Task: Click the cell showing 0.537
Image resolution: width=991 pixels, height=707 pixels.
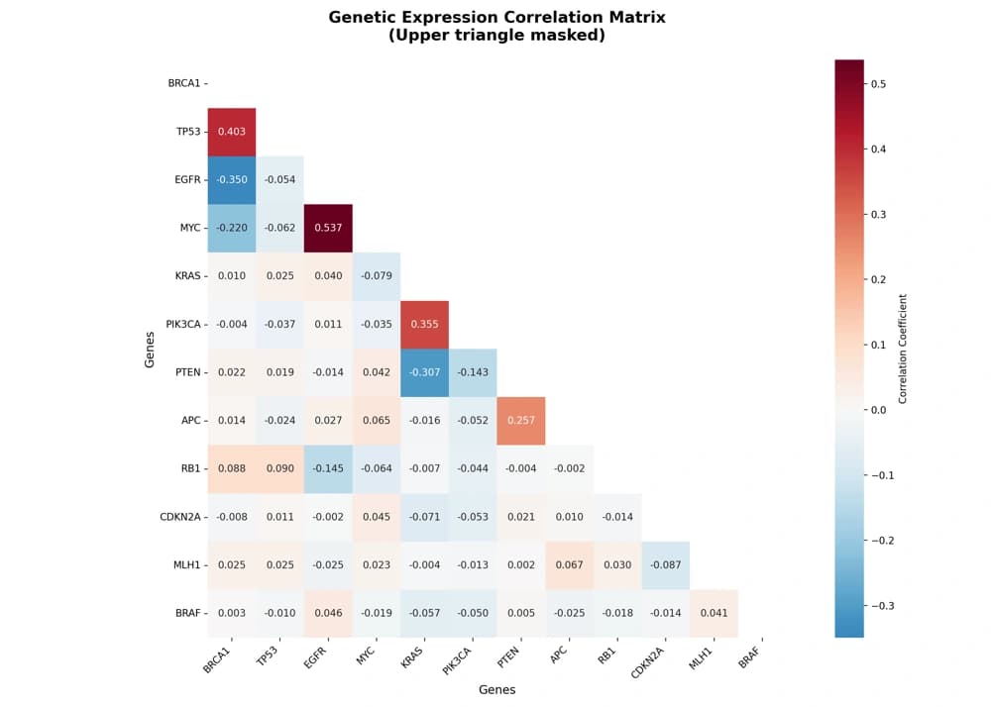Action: pos(328,228)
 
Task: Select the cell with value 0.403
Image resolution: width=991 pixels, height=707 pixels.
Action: pos(232,132)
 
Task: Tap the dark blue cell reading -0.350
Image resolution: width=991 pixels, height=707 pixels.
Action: pos(232,180)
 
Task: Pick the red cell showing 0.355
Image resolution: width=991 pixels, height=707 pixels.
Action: pos(424,325)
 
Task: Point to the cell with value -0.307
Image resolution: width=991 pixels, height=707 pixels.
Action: pos(424,372)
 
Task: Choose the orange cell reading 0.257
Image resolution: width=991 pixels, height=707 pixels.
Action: pos(521,421)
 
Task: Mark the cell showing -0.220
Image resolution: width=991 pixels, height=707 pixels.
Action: pos(232,228)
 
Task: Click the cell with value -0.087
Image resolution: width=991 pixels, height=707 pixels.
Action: pos(666,565)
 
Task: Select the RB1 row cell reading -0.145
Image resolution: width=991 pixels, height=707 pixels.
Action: pos(328,469)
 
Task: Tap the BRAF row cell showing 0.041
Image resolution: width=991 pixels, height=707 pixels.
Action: pos(714,613)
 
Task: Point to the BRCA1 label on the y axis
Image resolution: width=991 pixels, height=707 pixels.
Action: pos(184,83)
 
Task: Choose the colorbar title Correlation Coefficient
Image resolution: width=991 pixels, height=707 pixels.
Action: pos(903,348)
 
